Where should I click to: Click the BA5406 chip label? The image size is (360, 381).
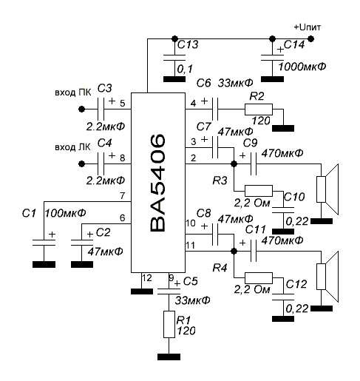click(157, 183)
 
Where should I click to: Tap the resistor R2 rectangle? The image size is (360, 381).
click(259, 109)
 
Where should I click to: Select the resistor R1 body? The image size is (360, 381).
click(169, 324)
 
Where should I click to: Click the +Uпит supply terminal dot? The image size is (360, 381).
click(311, 38)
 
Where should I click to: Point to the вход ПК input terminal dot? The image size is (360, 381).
click(81, 109)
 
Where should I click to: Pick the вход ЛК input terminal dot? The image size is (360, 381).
click(81, 163)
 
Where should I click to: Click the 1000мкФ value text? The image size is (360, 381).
click(302, 67)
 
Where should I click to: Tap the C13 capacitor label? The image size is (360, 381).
click(188, 44)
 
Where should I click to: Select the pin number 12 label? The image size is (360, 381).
click(147, 278)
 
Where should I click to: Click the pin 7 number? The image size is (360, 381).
click(123, 196)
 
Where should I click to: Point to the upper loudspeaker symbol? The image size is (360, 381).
click(327, 189)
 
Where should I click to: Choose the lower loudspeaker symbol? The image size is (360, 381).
click(327, 277)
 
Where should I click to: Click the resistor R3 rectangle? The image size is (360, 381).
click(259, 191)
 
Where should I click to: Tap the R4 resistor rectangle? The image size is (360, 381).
click(259, 278)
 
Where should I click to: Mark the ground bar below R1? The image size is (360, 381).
click(169, 357)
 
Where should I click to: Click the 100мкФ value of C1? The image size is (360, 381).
click(65, 213)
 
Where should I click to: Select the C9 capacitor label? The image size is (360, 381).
click(251, 144)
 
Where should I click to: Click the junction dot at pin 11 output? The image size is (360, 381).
click(234, 252)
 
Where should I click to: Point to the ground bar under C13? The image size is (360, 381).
click(174, 79)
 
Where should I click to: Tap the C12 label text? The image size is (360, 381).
click(296, 284)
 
